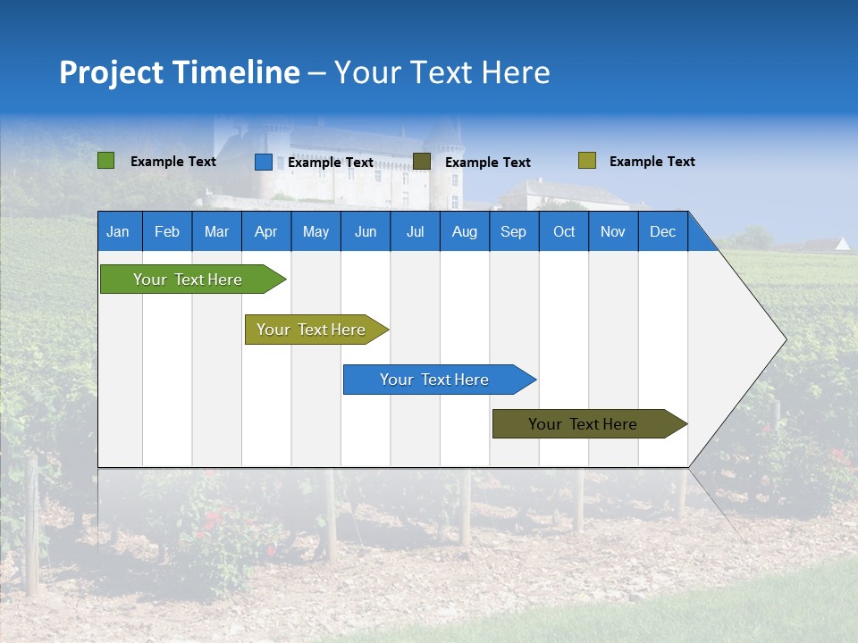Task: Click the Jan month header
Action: pos(118,232)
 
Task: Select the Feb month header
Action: pos(167,232)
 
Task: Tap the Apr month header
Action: pos(265,232)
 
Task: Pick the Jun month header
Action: pos(366,232)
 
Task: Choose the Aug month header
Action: pos(464,232)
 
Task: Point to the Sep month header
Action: pos(513,232)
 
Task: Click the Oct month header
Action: pos(564,232)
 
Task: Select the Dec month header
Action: pos(662,232)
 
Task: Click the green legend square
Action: pos(106,161)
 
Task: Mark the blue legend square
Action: pos(264,162)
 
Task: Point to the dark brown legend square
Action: pos(422,161)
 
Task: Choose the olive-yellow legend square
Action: pos(587,161)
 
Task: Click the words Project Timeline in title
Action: pos(179,72)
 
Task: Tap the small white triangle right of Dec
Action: pos(843,243)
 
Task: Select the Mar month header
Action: pos(216,232)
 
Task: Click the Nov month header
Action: pos(613,232)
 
